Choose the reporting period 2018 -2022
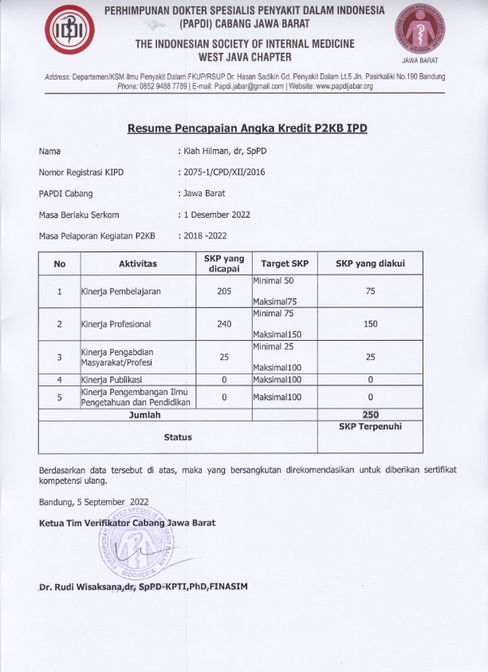tap(203, 236)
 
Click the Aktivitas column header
tap(138, 263)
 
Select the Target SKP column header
tap(284, 263)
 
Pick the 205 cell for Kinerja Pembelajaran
tap(224, 292)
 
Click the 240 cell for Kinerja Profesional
tap(224, 324)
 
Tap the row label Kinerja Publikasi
tap(112, 380)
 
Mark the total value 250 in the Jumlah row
tap(370, 415)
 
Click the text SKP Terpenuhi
tap(370, 427)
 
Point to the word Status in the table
tap(178, 437)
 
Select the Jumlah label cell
tap(144, 415)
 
